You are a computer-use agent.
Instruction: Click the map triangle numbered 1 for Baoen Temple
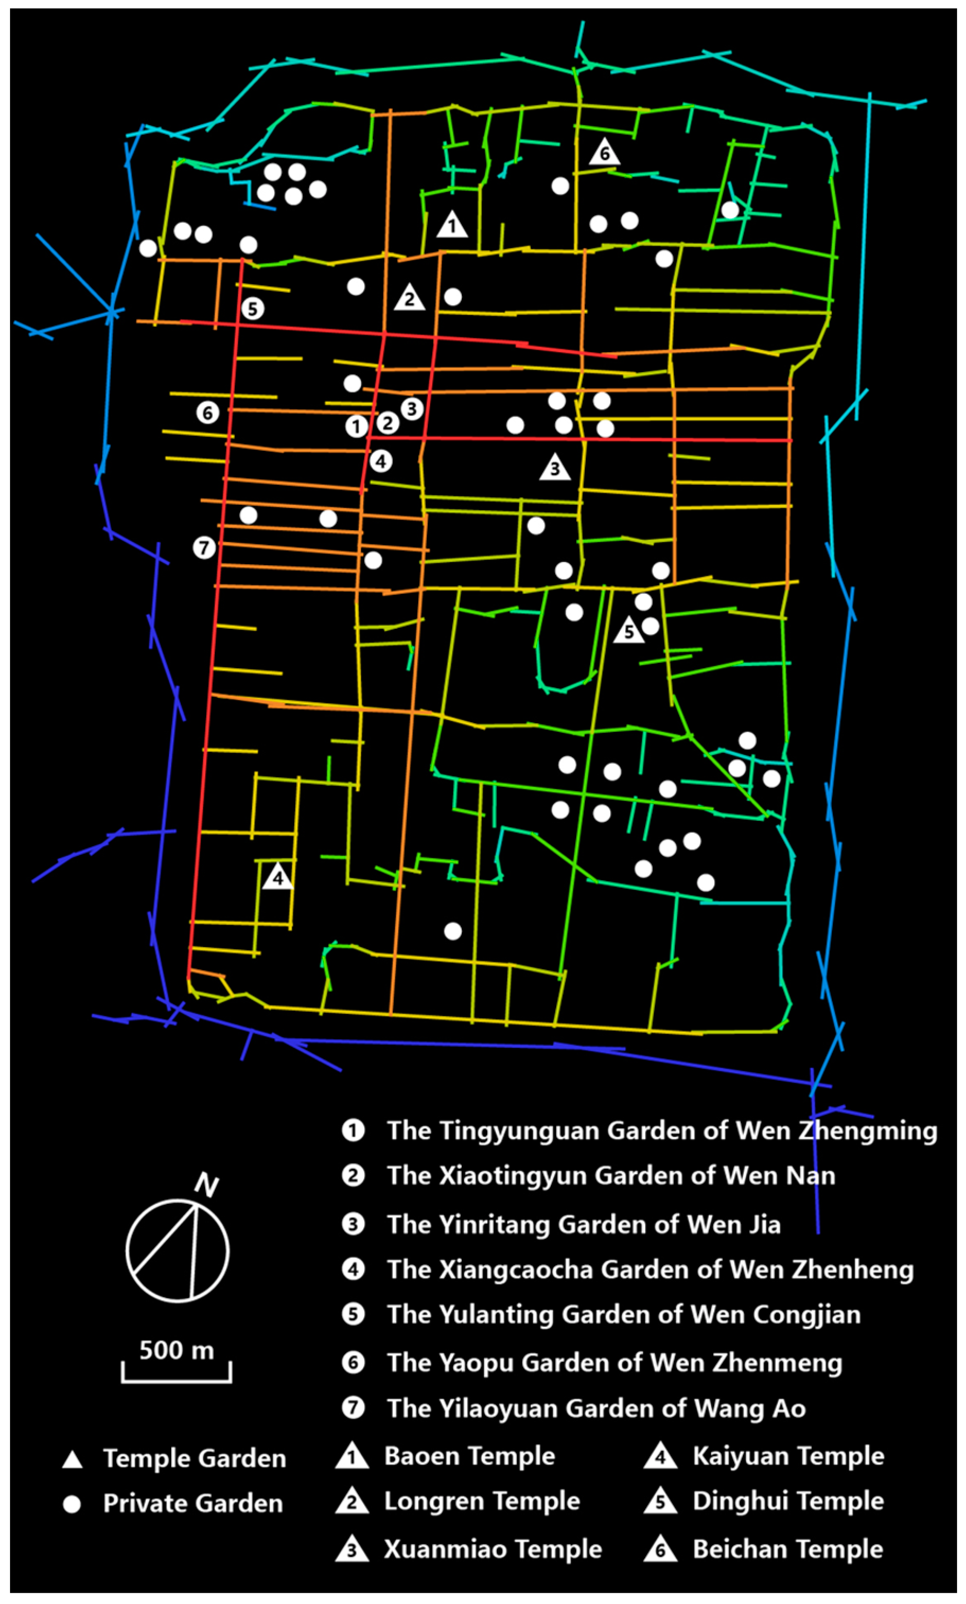pyautogui.click(x=452, y=225)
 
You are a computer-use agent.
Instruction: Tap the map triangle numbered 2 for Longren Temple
pyautogui.click(x=409, y=298)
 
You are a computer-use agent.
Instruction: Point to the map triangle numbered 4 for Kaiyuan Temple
pyautogui.click(x=278, y=877)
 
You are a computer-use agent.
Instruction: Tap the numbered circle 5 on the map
pyautogui.click(x=252, y=309)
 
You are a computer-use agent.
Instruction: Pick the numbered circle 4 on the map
pyautogui.click(x=381, y=461)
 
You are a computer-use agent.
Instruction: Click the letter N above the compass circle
pyautogui.click(x=207, y=1186)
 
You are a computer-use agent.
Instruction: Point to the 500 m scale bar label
pyautogui.click(x=177, y=1349)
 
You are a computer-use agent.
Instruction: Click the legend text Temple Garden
pyautogui.click(x=194, y=1458)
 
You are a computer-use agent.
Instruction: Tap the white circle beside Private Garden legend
pyautogui.click(x=72, y=1504)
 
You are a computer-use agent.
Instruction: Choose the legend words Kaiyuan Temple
pyautogui.click(x=788, y=1456)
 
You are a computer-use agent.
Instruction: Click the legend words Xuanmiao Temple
pyautogui.click(x=493, y=1549)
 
